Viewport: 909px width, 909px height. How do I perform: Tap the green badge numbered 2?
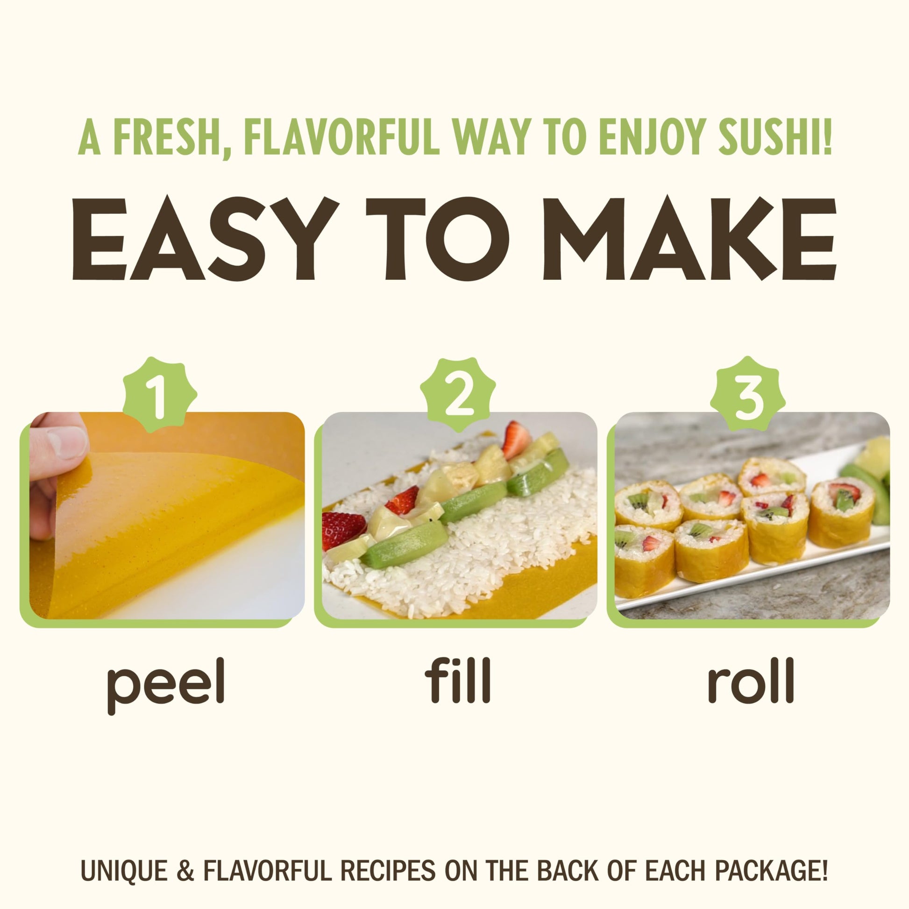coord(457,394)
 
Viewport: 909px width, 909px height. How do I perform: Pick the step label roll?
coord(751,680)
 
